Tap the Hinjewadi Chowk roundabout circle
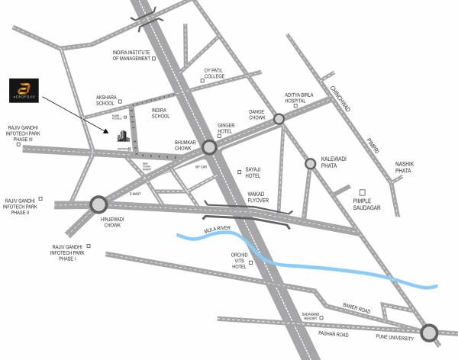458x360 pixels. [98, 204]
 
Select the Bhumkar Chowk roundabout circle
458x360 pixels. [209, 147]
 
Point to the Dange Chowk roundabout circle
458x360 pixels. [279, 119]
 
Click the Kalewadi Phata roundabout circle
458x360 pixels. [310, 163]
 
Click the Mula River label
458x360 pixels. [217, 228]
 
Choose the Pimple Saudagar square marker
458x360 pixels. [363, 193]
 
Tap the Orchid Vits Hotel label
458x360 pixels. [239, 261]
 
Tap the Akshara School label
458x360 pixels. [106, 101]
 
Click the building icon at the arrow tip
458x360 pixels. [121, 137]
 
